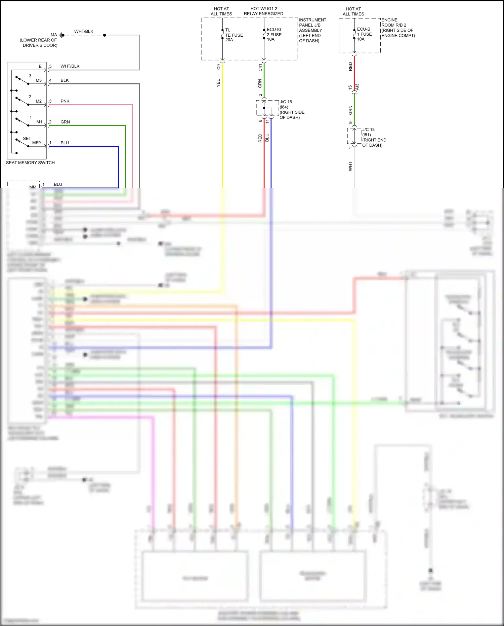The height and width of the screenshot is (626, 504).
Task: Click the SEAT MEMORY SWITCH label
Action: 30,163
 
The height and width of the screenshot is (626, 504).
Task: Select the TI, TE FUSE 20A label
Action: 234,35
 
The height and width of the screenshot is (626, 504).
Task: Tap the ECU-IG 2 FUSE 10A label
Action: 274,34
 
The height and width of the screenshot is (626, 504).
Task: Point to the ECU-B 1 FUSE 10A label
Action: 364,34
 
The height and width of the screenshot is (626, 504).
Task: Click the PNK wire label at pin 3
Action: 65,101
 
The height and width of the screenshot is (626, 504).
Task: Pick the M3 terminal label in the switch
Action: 39,80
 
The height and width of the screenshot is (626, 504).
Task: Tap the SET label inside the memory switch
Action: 27,139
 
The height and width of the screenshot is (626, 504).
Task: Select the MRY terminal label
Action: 37,143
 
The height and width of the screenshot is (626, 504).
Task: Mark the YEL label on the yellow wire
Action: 218,83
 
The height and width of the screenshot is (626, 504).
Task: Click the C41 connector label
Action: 260,67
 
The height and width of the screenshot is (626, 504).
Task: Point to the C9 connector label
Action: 219,67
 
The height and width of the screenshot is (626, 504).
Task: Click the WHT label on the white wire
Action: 350,166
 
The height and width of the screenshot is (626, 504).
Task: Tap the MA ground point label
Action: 54,35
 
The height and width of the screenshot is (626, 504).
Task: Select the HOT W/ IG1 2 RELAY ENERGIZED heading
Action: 263,11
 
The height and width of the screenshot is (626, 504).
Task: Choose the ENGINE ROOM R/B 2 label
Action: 398,28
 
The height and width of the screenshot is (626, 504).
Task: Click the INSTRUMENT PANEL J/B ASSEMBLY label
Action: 312,30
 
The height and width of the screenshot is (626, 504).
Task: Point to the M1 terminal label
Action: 39,122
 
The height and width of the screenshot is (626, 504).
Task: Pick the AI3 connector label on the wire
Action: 357,87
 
